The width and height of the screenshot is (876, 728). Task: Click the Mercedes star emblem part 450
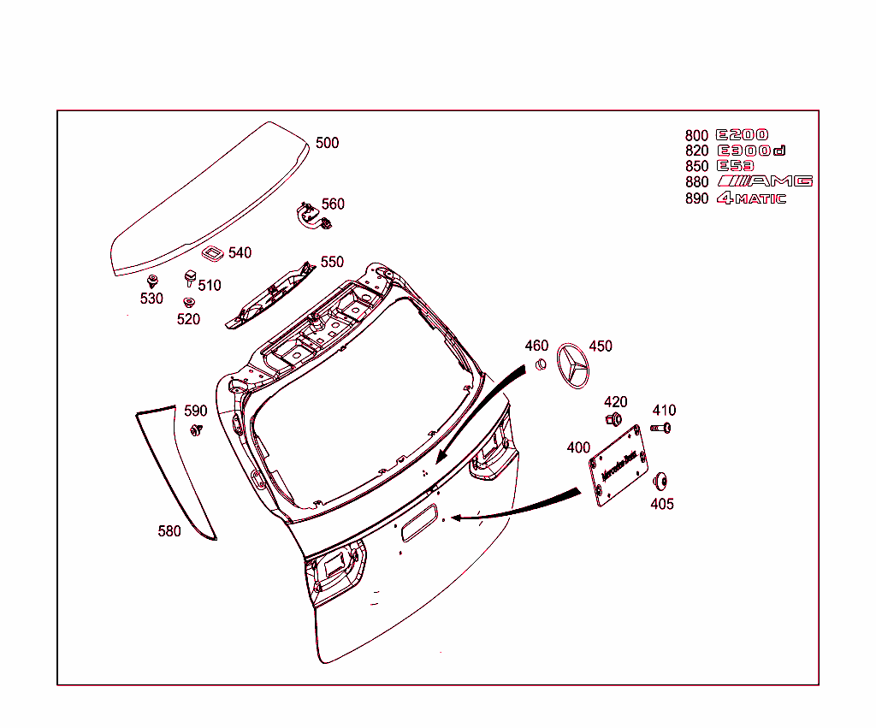coord(573,367)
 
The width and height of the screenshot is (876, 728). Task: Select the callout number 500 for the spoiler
coord(327,143)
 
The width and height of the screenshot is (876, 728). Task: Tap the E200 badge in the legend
coord(743,135)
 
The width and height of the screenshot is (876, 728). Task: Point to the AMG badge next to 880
coord(765,181)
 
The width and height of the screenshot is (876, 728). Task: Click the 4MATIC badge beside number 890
coord(750,198)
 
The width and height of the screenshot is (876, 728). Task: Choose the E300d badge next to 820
coord(750,151)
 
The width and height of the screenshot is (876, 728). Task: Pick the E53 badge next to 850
coord(736,166)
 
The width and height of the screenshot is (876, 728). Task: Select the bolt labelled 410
coord(660,427)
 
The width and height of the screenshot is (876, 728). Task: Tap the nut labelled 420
coord(613,419)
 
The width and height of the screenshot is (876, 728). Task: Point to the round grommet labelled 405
coord(660,481)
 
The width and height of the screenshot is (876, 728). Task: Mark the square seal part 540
coord(211,253)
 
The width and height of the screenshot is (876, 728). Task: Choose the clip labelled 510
coord(188,277)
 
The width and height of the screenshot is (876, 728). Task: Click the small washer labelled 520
coord(188,301)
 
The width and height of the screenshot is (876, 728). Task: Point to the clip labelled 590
coord(196,429)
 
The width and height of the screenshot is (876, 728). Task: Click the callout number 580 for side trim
coord(169,531)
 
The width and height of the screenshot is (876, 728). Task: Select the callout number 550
coord(332,262)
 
